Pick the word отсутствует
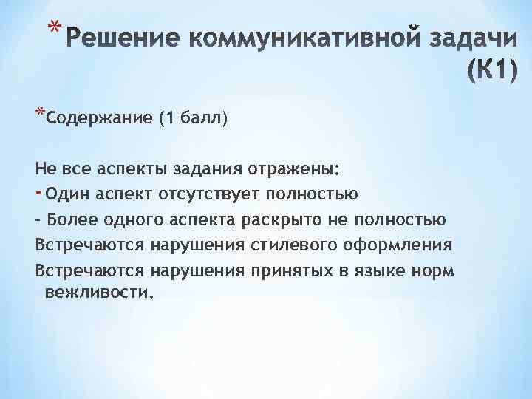coord(195,194)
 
